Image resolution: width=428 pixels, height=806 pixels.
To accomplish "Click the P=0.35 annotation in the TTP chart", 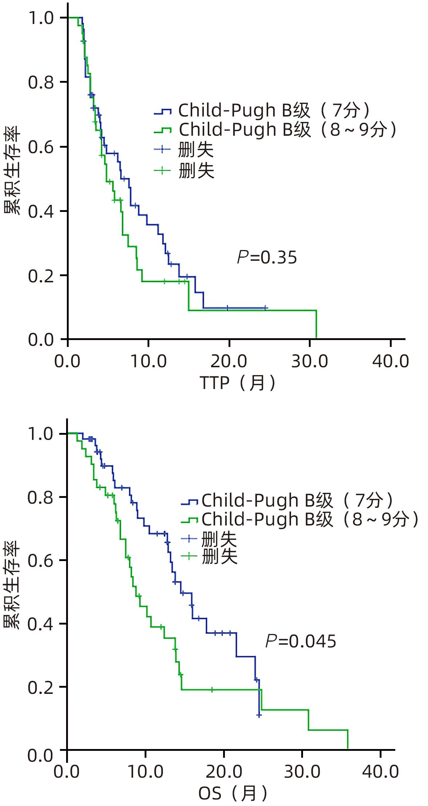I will pyautogui.click(x=267, y=258).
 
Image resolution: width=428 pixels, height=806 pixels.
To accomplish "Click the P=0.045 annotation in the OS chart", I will pyautogui.click(x=301, y=641).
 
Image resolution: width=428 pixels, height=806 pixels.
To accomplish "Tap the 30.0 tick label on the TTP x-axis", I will pyautogui.click(x=310, y=361).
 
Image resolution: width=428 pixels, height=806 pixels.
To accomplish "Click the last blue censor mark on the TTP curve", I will pyautogui.click(x=266, y=308).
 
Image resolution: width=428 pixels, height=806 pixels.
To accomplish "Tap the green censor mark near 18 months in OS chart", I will pyautogui.click(x=212, y=690).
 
